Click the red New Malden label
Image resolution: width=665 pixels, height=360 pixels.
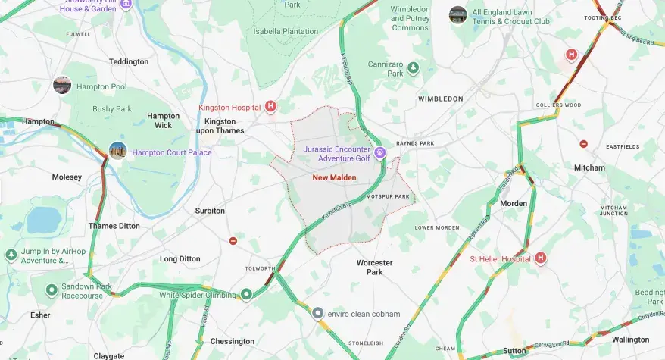333,178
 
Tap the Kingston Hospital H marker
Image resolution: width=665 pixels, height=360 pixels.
270,107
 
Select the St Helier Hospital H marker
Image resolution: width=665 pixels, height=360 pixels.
541,258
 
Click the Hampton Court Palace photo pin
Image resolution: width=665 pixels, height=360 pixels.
117,151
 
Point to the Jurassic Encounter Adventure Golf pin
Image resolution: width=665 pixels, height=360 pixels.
381,153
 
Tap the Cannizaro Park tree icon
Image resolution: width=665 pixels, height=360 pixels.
414,68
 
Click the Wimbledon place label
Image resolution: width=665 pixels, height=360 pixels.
440,99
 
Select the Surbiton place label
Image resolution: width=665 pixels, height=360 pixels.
210,211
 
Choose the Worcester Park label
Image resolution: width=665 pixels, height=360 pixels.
374,268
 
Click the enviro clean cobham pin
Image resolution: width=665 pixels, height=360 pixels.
318,313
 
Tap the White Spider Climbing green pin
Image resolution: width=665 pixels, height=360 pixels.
246,294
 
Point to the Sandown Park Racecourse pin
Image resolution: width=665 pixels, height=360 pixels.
52,290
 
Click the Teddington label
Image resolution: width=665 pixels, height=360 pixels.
129,61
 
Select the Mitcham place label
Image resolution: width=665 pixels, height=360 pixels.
589,167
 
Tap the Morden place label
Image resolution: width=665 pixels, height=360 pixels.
514,203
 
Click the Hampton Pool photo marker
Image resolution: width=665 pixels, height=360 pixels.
62,85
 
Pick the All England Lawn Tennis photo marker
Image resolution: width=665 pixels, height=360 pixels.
457,14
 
